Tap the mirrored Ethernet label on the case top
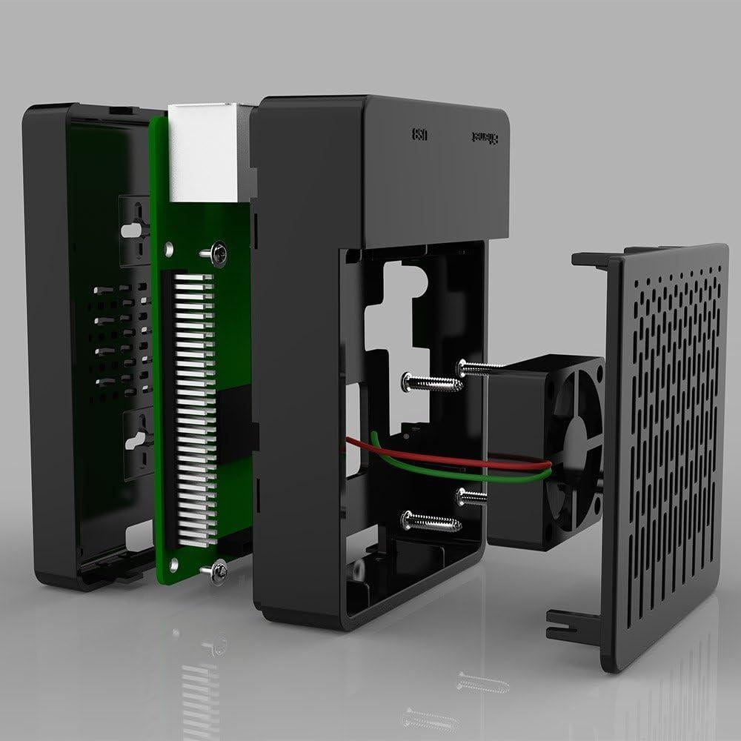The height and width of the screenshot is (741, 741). [486, 138]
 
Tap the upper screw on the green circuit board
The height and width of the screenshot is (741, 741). [217, 253]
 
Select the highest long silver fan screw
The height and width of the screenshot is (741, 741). [482, 366]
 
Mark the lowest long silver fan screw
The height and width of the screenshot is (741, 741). [431, 522]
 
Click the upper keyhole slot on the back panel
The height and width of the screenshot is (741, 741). [132, 228]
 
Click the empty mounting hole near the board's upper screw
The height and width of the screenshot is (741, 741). [170, 250]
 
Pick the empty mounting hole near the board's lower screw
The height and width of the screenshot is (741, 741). [173, 565]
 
